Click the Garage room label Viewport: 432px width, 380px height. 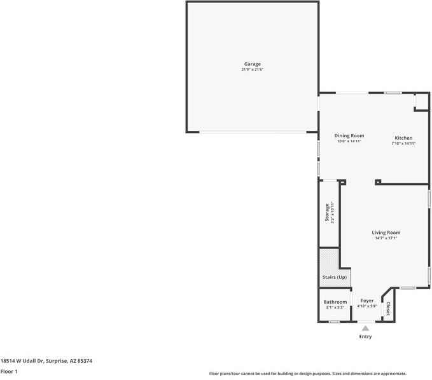pos(252,64)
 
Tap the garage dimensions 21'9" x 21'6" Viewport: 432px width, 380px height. pos(252,70)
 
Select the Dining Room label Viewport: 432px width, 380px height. pos(349,136)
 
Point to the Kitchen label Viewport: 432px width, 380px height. pos(403,138)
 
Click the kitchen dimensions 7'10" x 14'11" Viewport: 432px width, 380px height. pos(403,144)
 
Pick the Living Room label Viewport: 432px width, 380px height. pos(386,233)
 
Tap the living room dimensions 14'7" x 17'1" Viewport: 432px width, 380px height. pos(386,238)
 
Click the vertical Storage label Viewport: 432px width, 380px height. pos(327,213)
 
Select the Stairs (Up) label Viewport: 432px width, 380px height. pos(335,278)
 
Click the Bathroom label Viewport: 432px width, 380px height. pos(335,302)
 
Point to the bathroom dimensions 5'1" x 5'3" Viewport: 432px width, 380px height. pos(335,308)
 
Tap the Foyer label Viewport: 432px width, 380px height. pos(367,301)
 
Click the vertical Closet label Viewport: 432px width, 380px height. pos(388,309)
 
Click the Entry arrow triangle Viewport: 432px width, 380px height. pos(365,329)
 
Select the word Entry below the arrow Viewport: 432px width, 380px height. pos(365,337)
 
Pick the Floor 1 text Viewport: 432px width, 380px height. pos(9,371)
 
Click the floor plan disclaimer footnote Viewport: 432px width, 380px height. pos(308,374)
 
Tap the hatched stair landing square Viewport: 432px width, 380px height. pos(329,259)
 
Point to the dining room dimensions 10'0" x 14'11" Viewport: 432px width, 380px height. pos(349,142)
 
